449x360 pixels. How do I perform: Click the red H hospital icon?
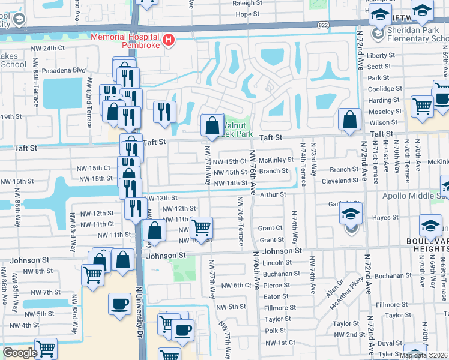169,41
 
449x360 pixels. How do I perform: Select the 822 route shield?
324,25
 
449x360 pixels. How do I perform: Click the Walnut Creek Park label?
236,130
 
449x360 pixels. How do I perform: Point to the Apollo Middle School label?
414,196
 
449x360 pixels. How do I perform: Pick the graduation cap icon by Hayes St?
351,215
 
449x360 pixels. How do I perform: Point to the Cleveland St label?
340,180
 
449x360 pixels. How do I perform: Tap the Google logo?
19,353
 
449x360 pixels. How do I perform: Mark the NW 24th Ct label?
53,48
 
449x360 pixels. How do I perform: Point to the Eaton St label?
276,296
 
